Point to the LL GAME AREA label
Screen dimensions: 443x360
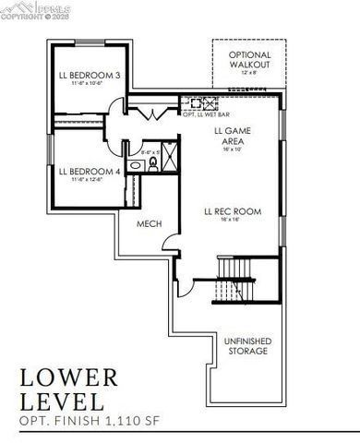(x=233, y=138)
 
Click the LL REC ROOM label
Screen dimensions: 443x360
(x=233, y=211)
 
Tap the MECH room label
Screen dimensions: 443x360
(x=150, y=224)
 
